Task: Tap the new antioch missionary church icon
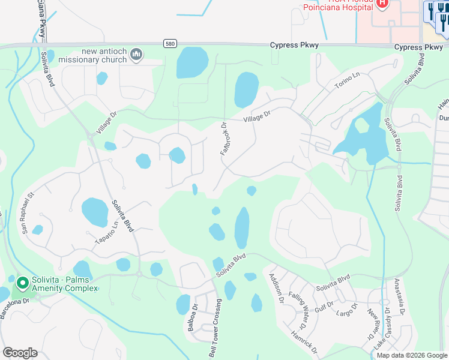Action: click(136, 55)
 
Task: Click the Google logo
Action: click(20, 352)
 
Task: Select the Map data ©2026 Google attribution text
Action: click(411, 355)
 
